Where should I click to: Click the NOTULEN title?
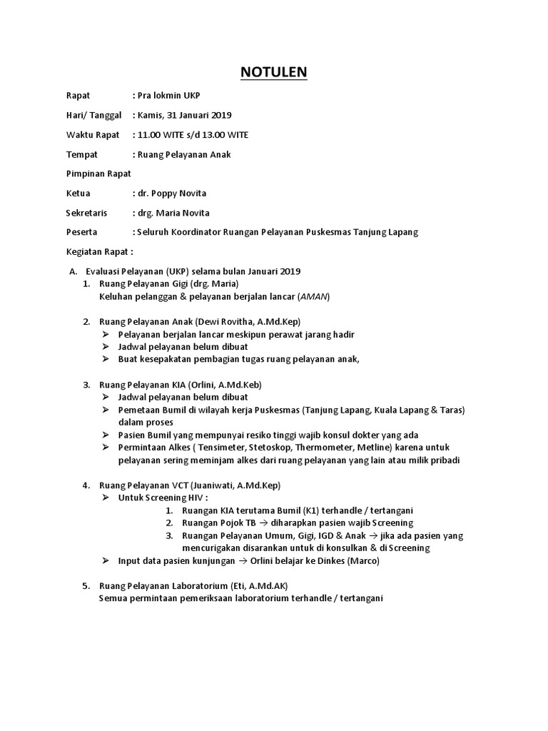pos(274,72)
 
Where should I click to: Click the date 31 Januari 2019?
pos(200,115)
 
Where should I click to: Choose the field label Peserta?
pos(81,232)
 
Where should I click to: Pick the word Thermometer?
pos(318,448)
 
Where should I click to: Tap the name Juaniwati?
pos(206,485)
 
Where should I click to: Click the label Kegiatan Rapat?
pos(99,252)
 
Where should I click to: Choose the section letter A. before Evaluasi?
pos(72,271)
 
